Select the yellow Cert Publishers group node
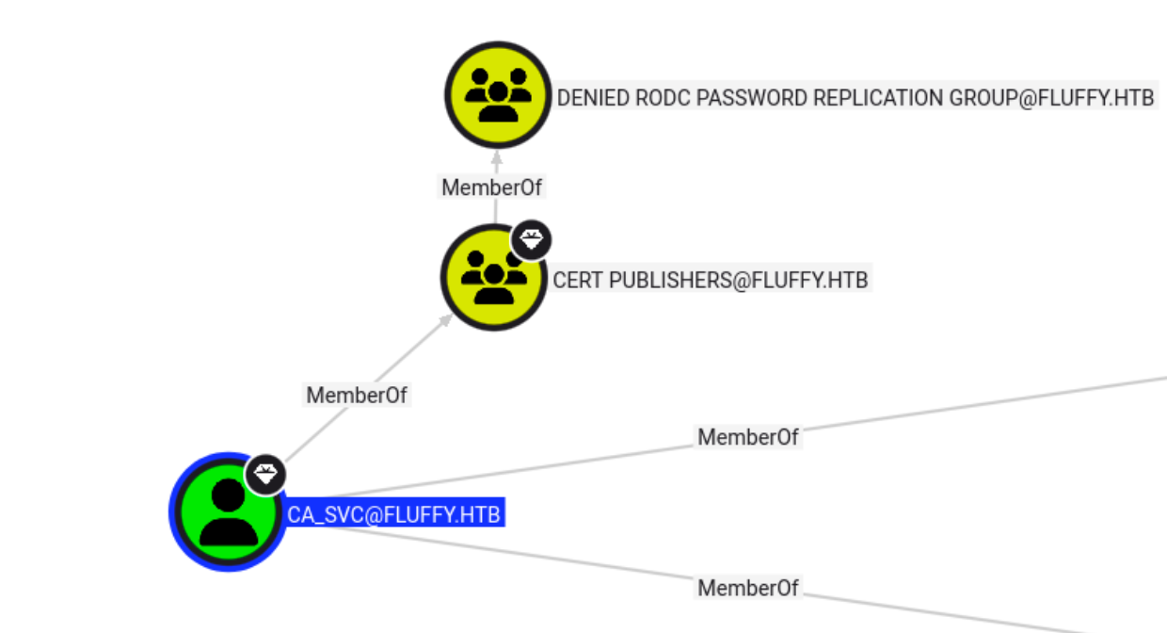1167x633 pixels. click(x=493, y=279)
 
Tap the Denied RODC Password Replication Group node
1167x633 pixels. click(x=497, y=94)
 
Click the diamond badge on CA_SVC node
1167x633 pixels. click(x=265, y=473)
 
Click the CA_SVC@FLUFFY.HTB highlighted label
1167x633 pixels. click(x=395, y=514)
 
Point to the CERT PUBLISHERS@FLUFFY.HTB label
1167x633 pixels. click(x=711, y=281)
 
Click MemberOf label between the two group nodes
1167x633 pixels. click(x=492, y=187)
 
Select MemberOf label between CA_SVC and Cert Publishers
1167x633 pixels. click(x=357, y=395)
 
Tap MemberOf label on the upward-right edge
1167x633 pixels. click(x=748, y=436)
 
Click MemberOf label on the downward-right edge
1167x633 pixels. click(x=748, y=588)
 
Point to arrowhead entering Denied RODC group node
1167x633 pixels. click(x=496, y=156)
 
